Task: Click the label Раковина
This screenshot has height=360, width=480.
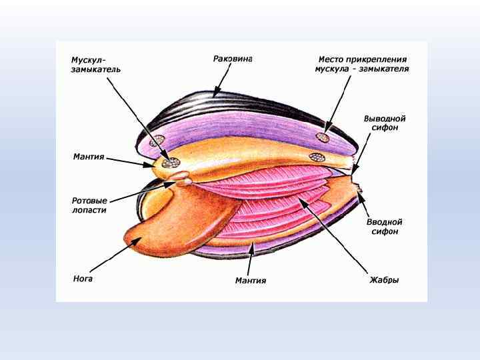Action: [233, 59]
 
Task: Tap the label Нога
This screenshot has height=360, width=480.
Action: [83, 279]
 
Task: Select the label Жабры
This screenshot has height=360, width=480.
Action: [384, 280]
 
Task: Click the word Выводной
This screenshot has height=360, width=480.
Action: [385, 118]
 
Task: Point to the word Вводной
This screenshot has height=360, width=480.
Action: [385, 222]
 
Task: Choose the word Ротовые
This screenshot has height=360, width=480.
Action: [90, 200]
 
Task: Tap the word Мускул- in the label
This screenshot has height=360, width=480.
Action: [89, 60]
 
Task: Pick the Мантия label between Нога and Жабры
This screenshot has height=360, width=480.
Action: [251, 281]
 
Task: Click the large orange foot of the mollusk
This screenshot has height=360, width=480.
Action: [180, 220]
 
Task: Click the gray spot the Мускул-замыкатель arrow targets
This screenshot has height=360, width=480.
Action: [174, 161]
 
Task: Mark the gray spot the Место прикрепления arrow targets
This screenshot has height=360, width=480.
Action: [323, 138]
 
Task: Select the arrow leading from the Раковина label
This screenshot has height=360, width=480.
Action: [221, 79]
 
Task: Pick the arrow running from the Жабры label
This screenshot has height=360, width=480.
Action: [333, 233]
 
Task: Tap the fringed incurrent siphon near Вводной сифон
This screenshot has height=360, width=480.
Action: [361, 194]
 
